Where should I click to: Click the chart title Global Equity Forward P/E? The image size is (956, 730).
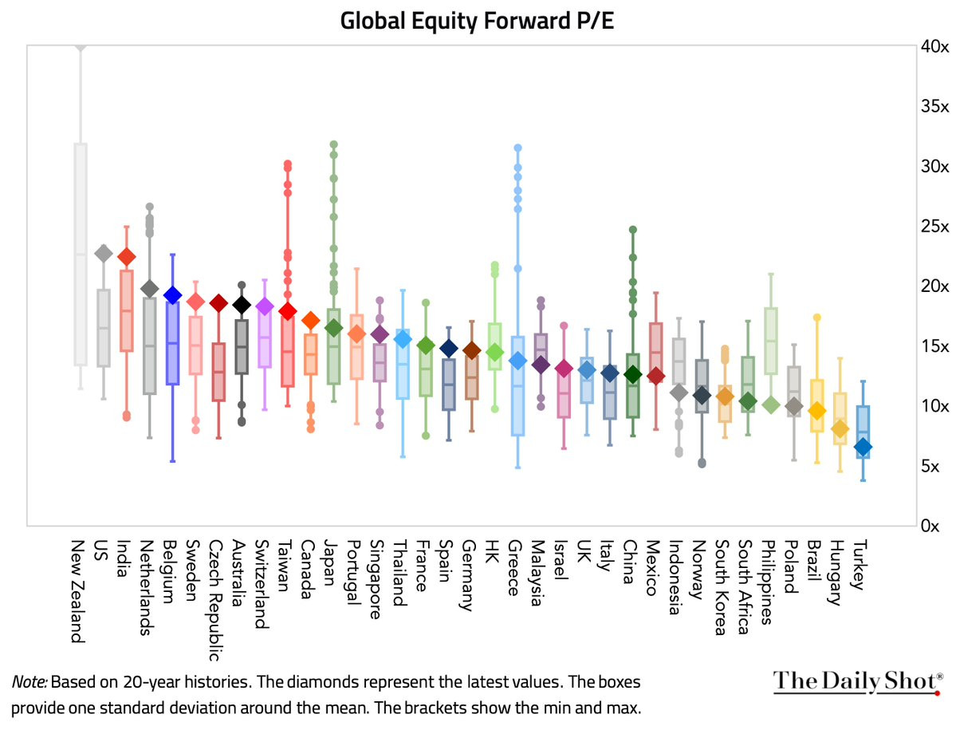click(x=477, y=21)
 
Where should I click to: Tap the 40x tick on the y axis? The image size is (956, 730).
click(x=934, y=47)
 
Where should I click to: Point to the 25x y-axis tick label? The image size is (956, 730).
click(x=934, y=227)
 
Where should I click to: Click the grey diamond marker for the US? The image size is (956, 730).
click(x=103, y=254)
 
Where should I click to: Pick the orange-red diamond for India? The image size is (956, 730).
click(x=126, y=257)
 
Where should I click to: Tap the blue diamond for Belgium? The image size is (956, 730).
click(x=172, y=295)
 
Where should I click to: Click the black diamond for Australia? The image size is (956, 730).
click(x=242, y=305)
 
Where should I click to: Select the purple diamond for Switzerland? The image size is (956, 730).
click(x=265, y=307)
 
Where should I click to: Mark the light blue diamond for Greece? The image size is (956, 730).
click(x=517, y=361)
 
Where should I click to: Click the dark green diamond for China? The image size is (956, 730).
click(x=632, y=374)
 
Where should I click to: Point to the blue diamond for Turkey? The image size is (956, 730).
click(x=863, y=448)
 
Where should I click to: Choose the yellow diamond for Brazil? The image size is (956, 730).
click(x=816, y=411)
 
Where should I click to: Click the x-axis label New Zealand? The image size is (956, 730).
click(x=78, y=590)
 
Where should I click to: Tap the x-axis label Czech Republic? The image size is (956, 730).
click(x=215, y=600)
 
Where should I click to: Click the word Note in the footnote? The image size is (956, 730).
click(x=29, y=683)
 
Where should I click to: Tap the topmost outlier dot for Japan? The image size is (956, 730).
click(x=333, y=144)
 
